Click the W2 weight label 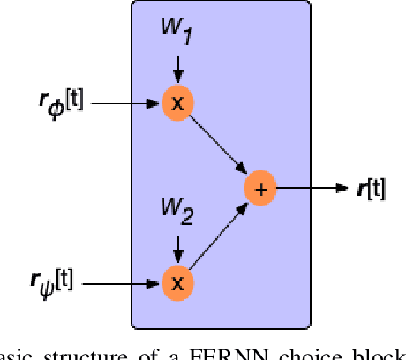point(177,209)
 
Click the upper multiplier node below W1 point(177,102)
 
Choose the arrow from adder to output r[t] point(309,189)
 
